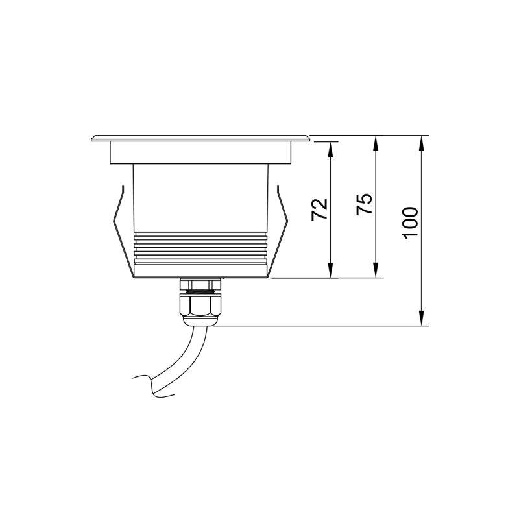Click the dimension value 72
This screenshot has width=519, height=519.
click(320, 209)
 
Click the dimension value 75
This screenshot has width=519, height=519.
click(365, 204)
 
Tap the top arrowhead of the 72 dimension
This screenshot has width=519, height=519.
click(330, 149)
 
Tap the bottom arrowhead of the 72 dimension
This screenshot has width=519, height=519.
click(330, 271)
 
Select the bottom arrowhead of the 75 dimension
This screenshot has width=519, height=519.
click(375, 271)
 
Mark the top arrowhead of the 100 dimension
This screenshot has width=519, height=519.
click(421, 142)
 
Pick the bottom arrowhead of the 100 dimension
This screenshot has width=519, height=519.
click(421, 319)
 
